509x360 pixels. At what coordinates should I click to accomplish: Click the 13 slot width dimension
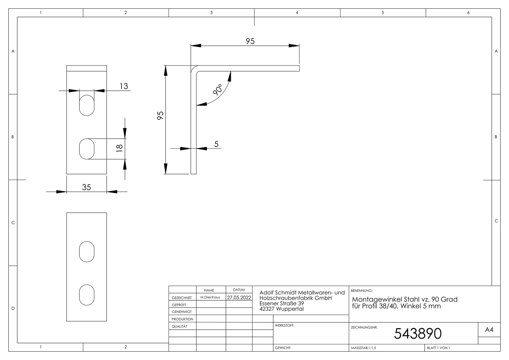(124, 86)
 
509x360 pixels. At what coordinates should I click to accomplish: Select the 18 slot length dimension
(119, 148)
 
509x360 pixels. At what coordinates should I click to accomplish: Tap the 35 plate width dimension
(86, 187)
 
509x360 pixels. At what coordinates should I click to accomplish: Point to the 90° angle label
(218, 89)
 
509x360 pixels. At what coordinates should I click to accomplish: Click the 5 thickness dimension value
(216, 144)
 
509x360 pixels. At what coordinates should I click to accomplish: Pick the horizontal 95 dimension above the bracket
(250, 41)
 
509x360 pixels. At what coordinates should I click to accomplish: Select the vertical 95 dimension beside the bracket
(160, 116)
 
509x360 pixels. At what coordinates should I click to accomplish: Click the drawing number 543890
(418, 334)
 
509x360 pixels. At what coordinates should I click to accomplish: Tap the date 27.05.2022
(239, 297)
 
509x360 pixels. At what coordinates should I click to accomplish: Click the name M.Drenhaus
(210, 297)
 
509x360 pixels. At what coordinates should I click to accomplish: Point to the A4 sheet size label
(489, 330)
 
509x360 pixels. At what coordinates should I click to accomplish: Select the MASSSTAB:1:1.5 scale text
(363, 348)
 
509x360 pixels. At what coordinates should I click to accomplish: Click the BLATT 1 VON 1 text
(438, 348)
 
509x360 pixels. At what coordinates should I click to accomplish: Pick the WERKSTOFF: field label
(284, 325)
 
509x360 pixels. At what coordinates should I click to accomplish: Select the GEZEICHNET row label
(182, 298)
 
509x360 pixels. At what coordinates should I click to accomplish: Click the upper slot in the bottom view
(87, 252)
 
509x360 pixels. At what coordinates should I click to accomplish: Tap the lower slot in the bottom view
(87, 295)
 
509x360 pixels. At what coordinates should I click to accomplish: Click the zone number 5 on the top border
(383, 13)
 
